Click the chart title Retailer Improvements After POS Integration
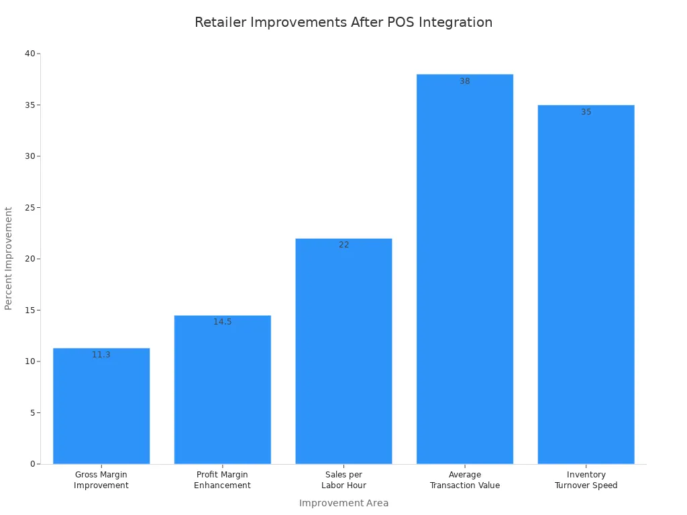[x=343, y=22]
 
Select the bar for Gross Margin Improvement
[x=101, y=409]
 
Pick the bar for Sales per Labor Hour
[x=343, y=355]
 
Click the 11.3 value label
[x=101, y=355]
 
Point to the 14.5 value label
[x=222, y=322]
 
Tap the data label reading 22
[x=343, y=245]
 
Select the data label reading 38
[x=465, y=81]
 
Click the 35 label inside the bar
[x=586, y=112]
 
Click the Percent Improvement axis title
[x=9, y=258]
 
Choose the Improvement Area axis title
[x=343, y=503]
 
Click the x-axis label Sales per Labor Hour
[x=343, y=480]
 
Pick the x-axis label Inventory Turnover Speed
[x=586, y=480]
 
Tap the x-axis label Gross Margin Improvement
[x=101, y=480]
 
